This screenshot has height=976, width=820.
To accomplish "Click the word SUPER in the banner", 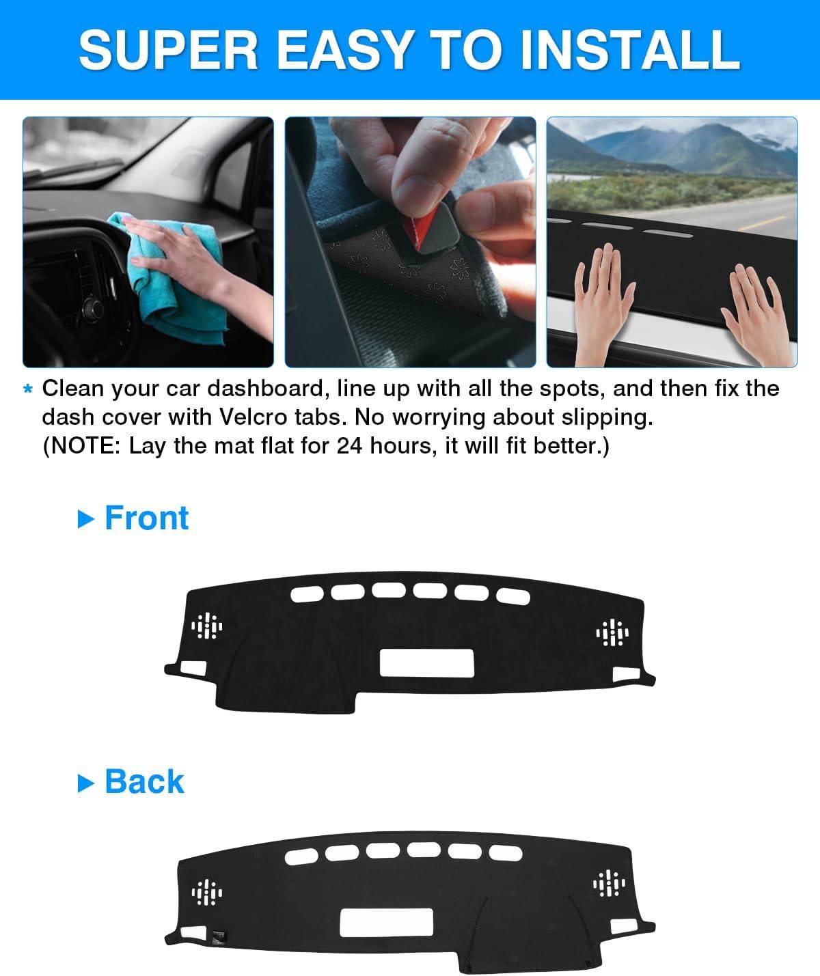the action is tap(168, 50).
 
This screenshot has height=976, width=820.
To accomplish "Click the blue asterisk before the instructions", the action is tap(28, 389).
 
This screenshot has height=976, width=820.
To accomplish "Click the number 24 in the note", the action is tap(349, 445).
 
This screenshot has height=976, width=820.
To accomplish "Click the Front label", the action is tap(146, 518).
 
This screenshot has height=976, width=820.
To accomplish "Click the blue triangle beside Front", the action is tap(85, 519).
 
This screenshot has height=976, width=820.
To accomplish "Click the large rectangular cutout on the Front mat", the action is tap(426, 663).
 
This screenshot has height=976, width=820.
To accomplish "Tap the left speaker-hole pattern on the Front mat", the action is tap(207, 626).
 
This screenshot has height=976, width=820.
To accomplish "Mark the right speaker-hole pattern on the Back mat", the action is tap(609, 883).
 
